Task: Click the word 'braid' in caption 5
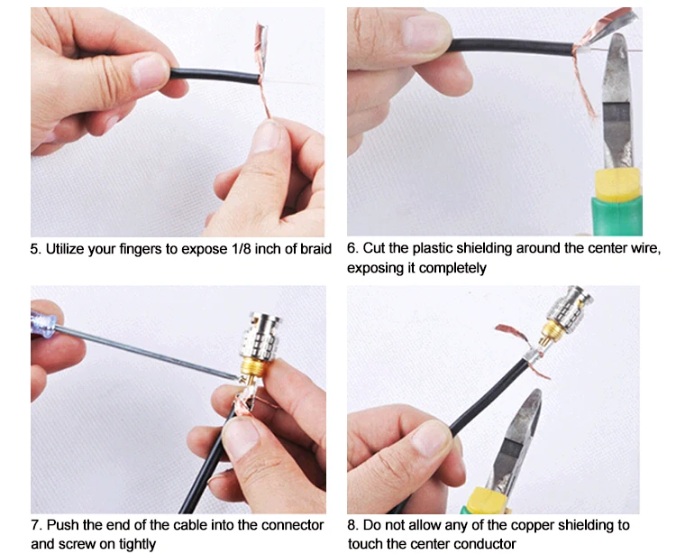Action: click(316, 249)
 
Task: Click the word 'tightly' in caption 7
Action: click(138, 544)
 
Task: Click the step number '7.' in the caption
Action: click(36, 525)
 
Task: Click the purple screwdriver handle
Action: click(42, 323)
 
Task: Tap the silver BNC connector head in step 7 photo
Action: click(260, 337)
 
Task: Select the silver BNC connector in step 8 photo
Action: click(569, 307)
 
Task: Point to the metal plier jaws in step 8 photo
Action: click(516, 439)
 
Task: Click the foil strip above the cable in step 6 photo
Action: click(608, 26)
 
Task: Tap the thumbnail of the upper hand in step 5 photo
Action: click(150, 71)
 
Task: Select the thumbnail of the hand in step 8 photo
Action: click(431, 439)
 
